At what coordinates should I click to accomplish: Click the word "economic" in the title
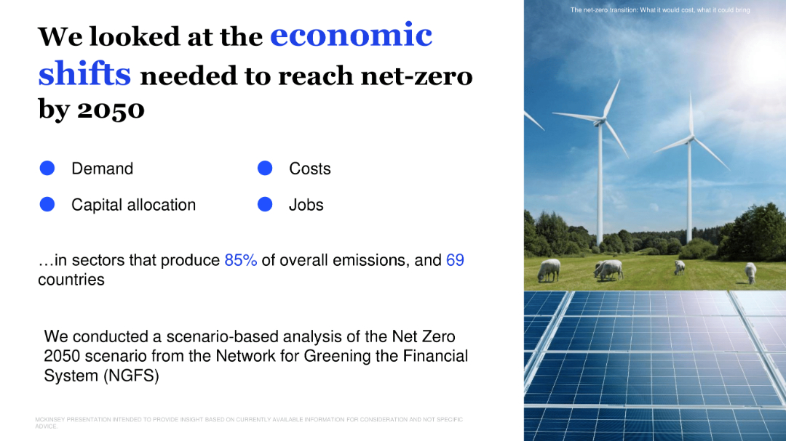pyautogui.click(x=351, y=35)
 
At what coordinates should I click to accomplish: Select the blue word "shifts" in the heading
pyautogui.click(x=84, y=73)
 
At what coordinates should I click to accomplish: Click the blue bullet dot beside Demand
pyautogui.click(x=47, y=169)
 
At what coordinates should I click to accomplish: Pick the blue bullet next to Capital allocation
pyautogui.click(x=47, y=205)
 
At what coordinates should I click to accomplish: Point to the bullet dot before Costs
pyautogui.click(x=265, y=169)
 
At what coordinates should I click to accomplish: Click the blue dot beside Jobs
pyautogui.click(x=265, y=205)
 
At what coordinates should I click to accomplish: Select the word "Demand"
pyautogui.click(x=102, y=169)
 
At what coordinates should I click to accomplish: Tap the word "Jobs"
pyautogui.click(x=306, y=205)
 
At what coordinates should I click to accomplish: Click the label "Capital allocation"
pyautogui.click(x=133, y=205)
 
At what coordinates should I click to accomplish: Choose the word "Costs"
pyautogui.click(x=309, y=169)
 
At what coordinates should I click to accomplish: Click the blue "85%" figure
pyautogui.click(x=240, y=260)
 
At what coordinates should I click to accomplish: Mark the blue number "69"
pyautogui.click(x=455, y=260)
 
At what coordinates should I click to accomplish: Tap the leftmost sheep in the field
pyautogui.click(x=548, y=270)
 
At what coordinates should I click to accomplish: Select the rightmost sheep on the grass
pyautogui.click(x=750, y=272)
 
